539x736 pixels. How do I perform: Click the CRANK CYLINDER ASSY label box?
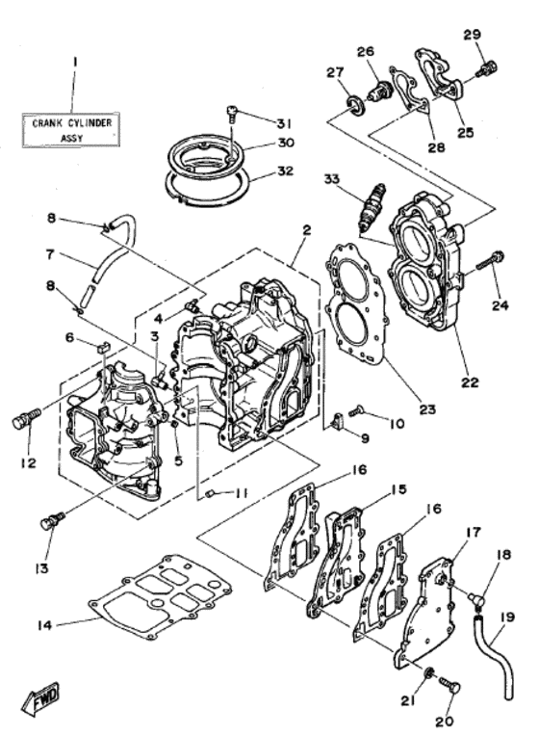click(72, 130)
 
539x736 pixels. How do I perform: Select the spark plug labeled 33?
click(370, 206)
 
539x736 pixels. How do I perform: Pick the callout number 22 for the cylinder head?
click(469, 382)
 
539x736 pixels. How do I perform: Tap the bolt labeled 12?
click(24, 419)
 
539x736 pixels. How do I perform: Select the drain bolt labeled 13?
click(48, 521)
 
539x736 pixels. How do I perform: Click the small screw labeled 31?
click(232, 114)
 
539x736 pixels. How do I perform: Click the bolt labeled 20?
click(449, 685)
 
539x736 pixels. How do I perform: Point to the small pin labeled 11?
click(210, 494)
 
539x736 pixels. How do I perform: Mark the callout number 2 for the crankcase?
click(305, 230)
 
